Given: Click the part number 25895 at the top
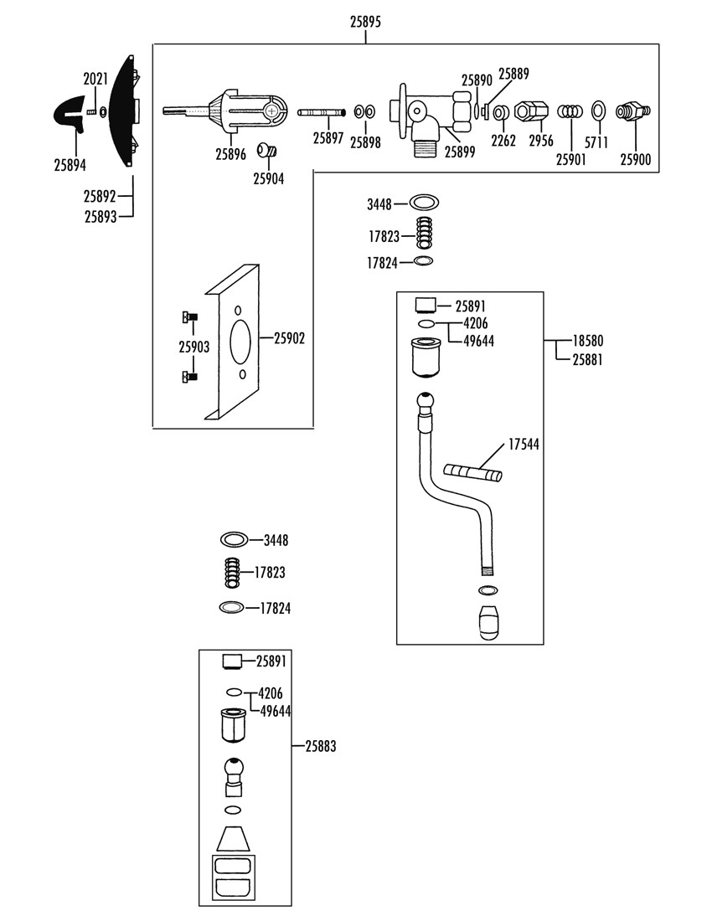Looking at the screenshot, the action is pyautogui.click(x=365, y=22).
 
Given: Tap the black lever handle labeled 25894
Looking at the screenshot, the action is pyautogui.click(x=70, y=114).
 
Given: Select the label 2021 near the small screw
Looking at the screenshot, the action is pyautogui.click(x=95, y=79).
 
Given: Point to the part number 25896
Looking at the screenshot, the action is pyautogui.click(x=230, y=155).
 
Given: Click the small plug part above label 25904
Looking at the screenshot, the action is pyautogui.click(x=266, y=151).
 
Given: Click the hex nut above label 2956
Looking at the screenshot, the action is pyautogui.click(x=531, y=111).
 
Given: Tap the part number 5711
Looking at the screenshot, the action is pyautogui.click(x=597, y=142).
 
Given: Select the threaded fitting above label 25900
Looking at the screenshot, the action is pyautogui.click(x=632, y=111).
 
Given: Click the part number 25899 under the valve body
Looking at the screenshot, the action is pyautogui.click(x=459, y=152).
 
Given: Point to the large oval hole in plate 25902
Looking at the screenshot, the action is pyautogui.click(x=241, y=342).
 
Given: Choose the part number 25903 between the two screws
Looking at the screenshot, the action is pyautogui.click(x=193, y=347).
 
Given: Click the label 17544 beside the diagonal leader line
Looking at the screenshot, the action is pyautogui.click(x=524, y=445).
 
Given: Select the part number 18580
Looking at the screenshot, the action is pyautogui.click(x=588, y=341).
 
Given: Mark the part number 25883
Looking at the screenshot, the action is pyautogui.click(x=321, y=747).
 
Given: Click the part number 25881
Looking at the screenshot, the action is pyautogui.click(x=588, y=359).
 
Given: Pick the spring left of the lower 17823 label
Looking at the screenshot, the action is pyautogui.click(x=233, y=572).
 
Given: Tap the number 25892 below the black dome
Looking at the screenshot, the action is pyautogui.click(x=100, y=196).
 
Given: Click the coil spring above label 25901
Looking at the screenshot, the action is pyautogui.click(x=570, y=111).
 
